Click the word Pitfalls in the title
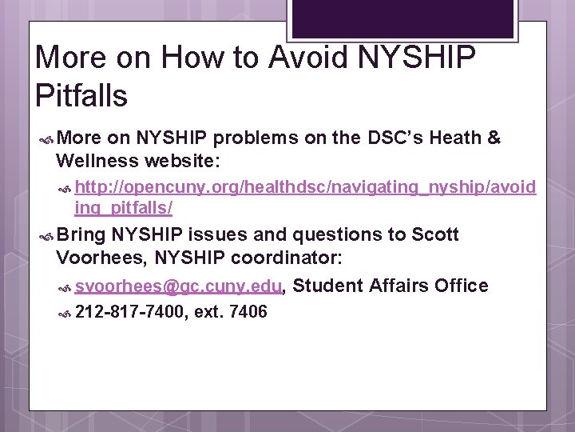[81, 95]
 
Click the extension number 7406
[248, 311]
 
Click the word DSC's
[395, 138]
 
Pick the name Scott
[435, 234]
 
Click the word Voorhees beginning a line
[101, 258]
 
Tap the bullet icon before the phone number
[66, 312]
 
